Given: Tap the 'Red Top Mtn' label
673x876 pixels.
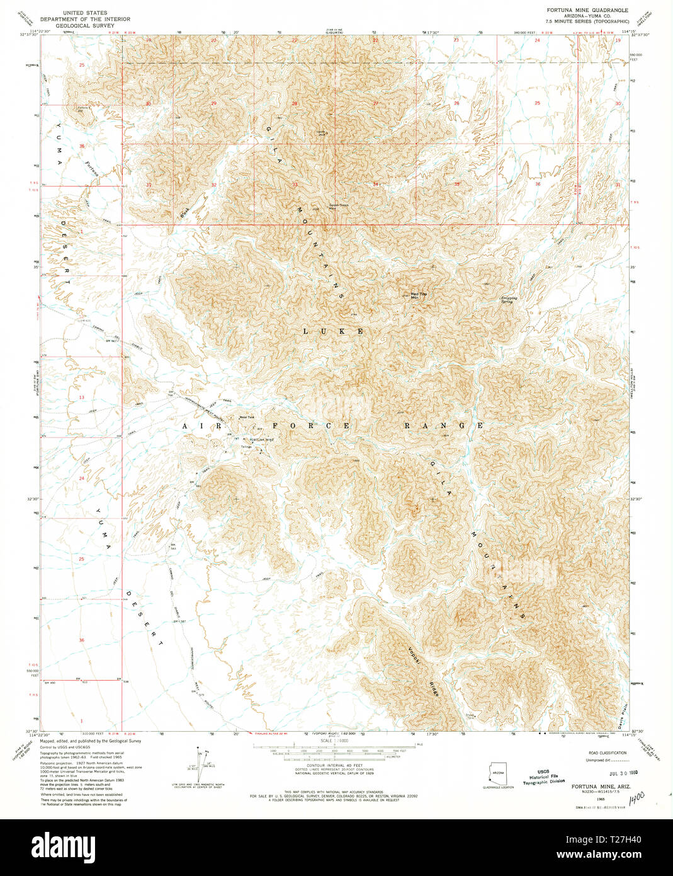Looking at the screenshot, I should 414,295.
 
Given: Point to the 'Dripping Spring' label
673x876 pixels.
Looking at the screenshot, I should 509,299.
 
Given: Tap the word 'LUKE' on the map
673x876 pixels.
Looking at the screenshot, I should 333,331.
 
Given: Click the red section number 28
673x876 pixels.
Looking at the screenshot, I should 294,103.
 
